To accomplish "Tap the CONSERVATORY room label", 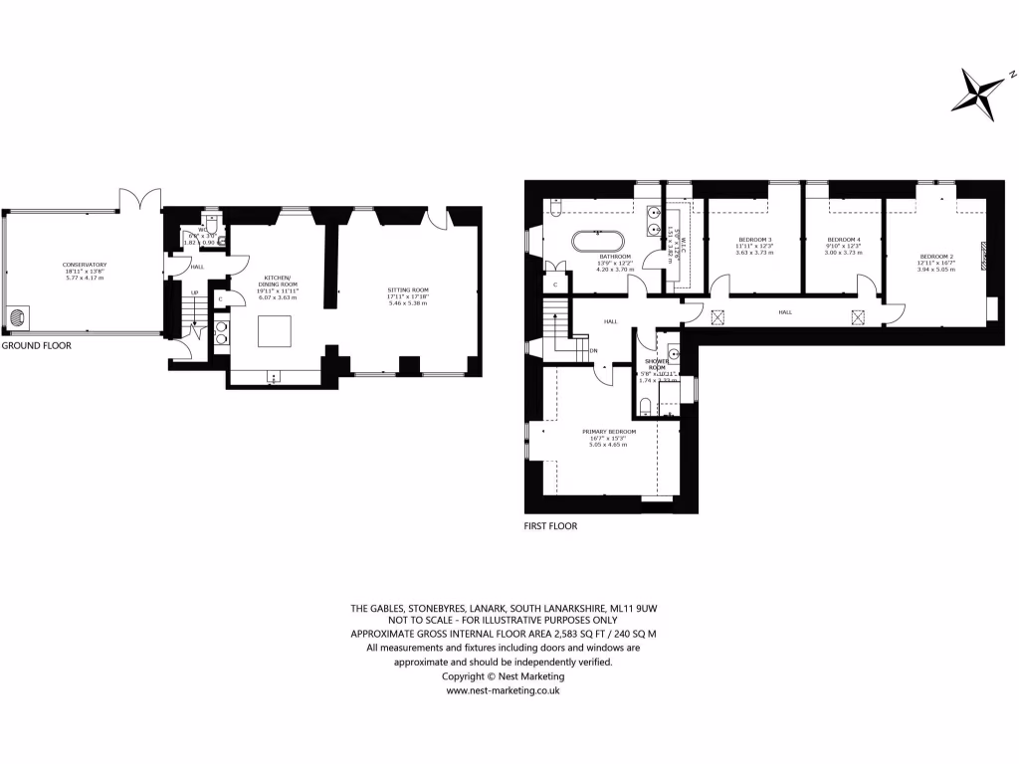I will pyautogui.click(x=84, y=265).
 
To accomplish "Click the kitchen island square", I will pyautogui.click(x=275, y=331).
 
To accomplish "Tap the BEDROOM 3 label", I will pyautogui.click(x=753, y=240).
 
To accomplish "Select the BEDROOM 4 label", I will pyautogui.click(x=844, y=240).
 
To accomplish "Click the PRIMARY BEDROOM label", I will pyautogui.click(x=608, y=431).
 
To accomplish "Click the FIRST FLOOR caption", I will pyautogui.click(x=550, y=526).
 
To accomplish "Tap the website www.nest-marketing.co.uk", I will pyautogui.click(x=503, y=689).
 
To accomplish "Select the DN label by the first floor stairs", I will pyautogui.click(x=594, y=350).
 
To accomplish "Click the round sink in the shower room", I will pyautogui.click(x=674, y=354).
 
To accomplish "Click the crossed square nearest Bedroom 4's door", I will pyautogui.click(x=857, y=316).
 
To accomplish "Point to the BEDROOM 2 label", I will pyautogui.click(x=936, y=258).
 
